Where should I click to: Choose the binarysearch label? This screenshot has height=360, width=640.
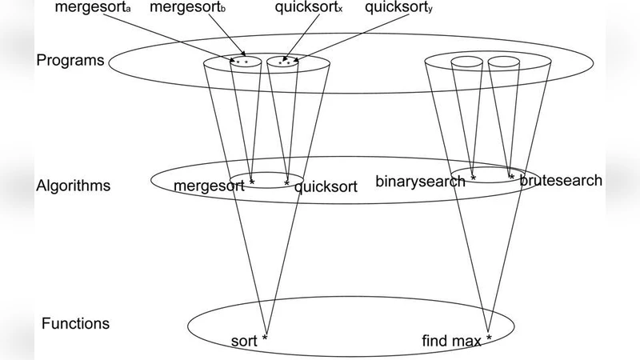coord(421,181)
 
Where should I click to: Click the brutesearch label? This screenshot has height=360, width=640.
coord(561,181)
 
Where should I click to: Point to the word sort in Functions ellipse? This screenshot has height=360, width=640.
coord(245,342)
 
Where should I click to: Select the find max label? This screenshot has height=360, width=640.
coord(451,342)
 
